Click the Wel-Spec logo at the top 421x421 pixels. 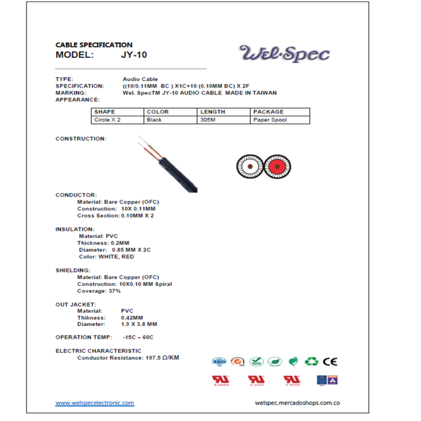(x=285, y=54)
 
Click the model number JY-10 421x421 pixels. (x=134, y=55)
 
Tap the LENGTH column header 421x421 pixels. (x=213, y=112)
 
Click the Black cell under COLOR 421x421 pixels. (x=154, y=120)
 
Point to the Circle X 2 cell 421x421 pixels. (x=107, y=120)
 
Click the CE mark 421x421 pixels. (x=330, y=362)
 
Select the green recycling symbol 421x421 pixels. (x=311, y=362)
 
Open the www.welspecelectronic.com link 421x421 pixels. (x=95, y=403)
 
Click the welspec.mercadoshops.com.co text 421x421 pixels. (x=297, y=403)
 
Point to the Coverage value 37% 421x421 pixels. (x=114, y=291)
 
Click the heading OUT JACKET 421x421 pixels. (x=76, y=305)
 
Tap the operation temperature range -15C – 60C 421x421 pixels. (x=138, y=337)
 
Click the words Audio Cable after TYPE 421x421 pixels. (x=140, y=79)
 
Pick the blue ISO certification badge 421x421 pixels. (x=219, y=362)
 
